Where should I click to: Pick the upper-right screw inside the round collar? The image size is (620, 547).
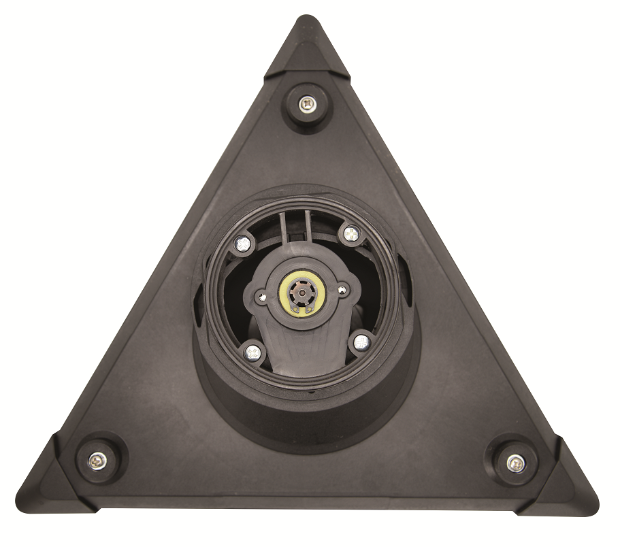point(350,233)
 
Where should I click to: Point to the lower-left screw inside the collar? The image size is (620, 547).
point(252,352)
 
